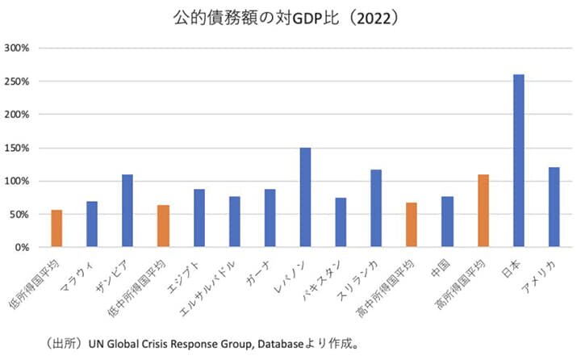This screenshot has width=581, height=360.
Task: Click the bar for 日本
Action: point(518,161)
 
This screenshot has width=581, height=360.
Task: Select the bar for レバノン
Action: point(305,197)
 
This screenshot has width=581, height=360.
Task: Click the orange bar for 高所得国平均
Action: point(483,211)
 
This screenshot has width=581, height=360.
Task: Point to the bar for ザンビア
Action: point(127,211)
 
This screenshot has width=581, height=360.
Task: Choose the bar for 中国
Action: point(447,221)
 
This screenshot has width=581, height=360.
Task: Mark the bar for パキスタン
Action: point(341,222)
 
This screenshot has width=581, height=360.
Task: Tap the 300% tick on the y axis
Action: point(17,48)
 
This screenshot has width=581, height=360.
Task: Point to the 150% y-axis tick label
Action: point(17,148)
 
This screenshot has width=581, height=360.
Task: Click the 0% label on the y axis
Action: point(22,247)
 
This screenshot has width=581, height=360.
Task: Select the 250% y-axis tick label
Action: point(17,82)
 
